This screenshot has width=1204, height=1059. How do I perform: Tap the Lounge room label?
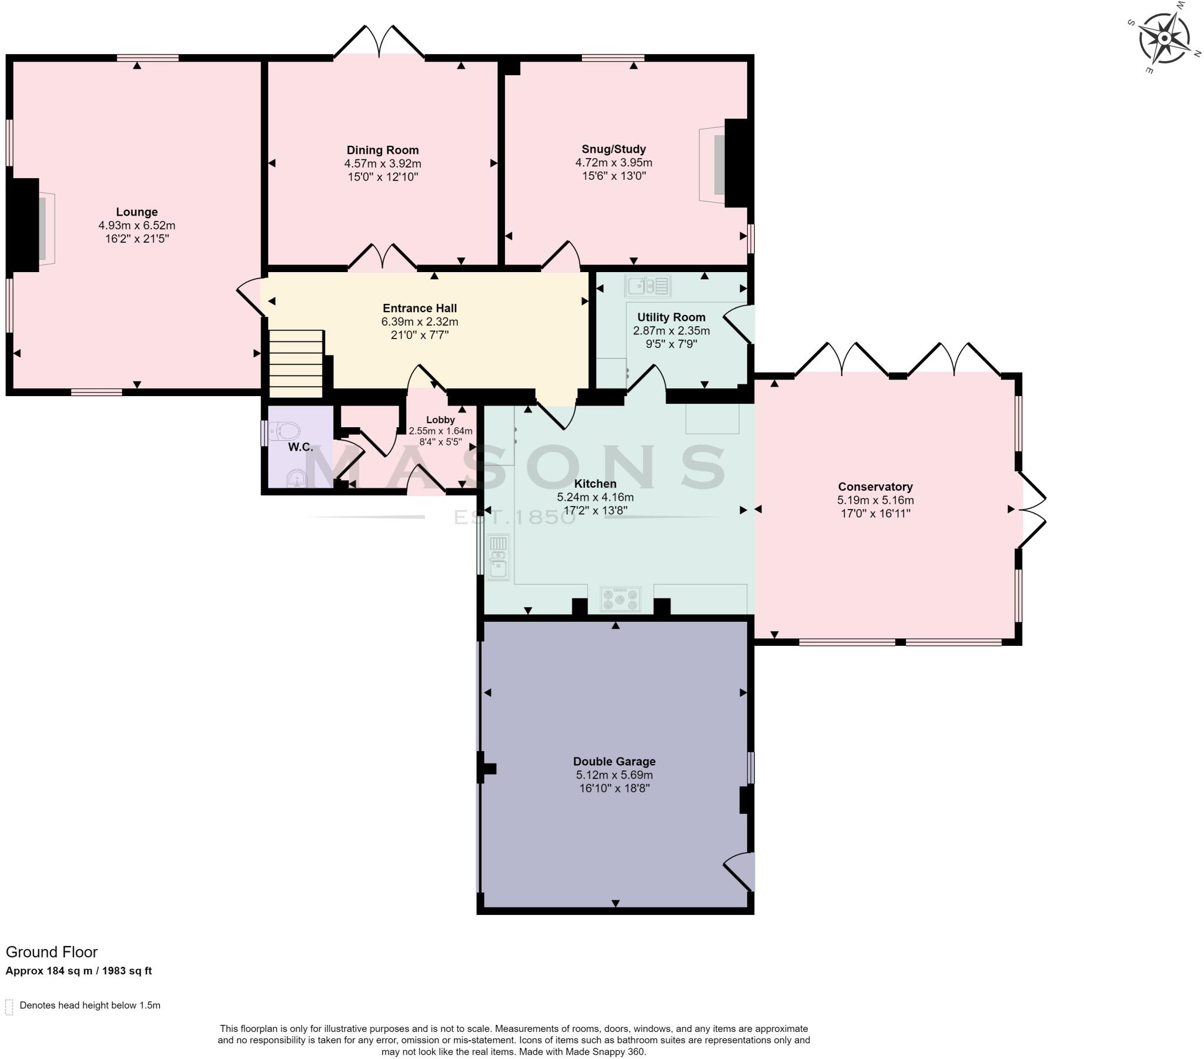tap(136, 212)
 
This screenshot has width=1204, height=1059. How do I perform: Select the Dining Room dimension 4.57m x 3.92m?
tap(382, 164)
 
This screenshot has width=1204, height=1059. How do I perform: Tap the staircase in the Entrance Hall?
tap(296, 364)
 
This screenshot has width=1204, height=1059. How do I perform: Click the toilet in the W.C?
tap(285, 431)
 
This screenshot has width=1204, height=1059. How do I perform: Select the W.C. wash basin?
tap(297, 478)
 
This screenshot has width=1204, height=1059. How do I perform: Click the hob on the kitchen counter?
tap(620, 599)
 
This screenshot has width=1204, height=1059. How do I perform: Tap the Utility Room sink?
tap(647, 286)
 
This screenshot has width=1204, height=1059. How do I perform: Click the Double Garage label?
tap(614, 762)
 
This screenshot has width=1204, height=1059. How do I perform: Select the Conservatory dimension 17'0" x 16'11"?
tap(875, 513)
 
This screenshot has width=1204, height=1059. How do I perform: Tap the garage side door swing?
tap(740, 871)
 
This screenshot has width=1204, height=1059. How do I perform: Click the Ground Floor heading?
tap(52, 952)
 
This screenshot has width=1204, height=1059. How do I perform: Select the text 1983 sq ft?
tap(127, 971)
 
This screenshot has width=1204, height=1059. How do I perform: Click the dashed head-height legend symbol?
tap(9, 1007)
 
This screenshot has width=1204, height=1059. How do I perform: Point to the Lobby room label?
tap(440, 420)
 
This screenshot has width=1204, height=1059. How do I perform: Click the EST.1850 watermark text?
tap(514, 518)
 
